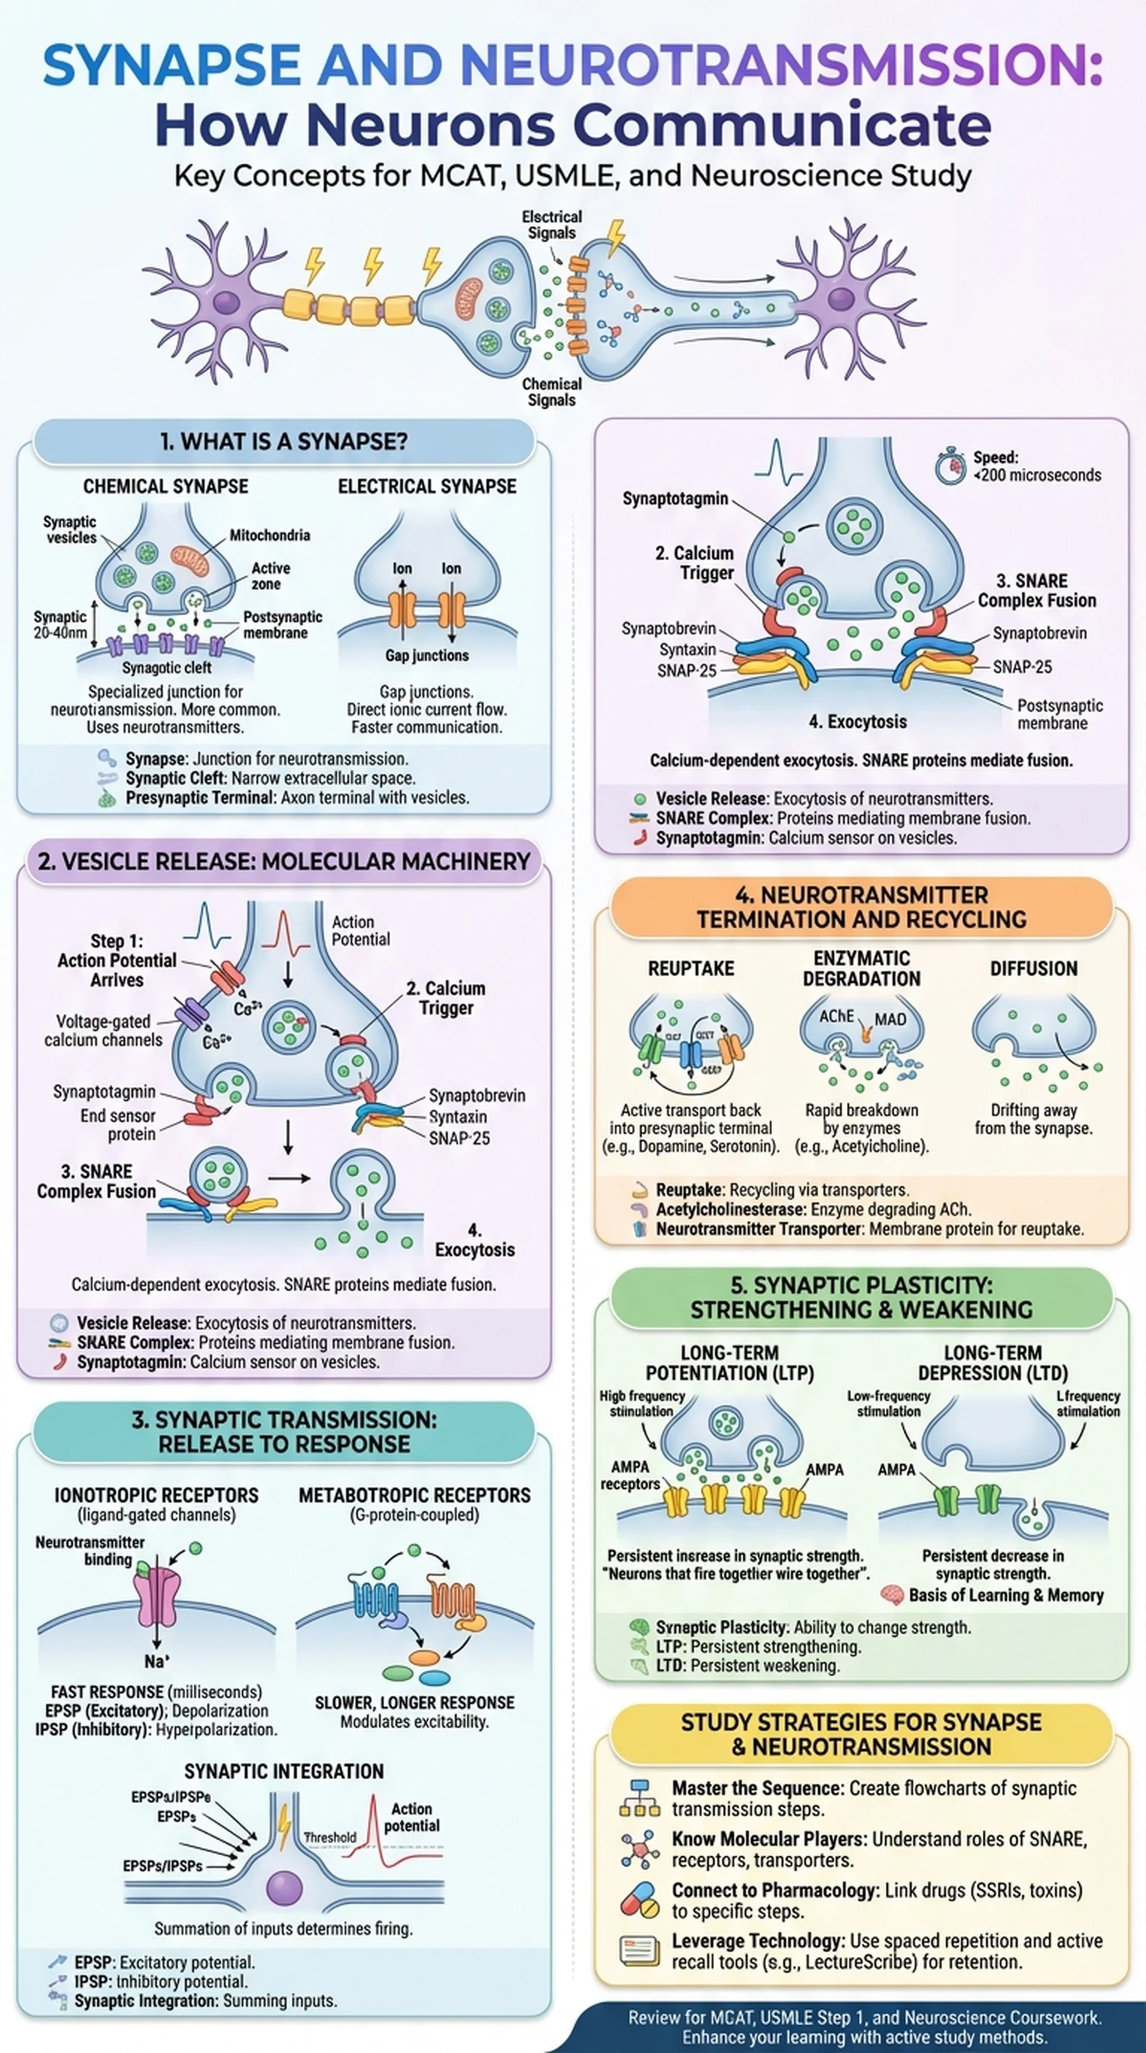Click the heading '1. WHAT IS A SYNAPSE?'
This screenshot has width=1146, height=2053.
click(283, 442)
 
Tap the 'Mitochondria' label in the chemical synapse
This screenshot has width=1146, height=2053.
click(269, 535)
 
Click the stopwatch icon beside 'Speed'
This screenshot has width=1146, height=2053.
click(950, 468)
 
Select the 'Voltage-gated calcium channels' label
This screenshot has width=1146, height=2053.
click(103, 1030)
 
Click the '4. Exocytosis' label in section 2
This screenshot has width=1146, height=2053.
click(475, 1241)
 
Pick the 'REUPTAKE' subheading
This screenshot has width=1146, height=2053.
click(691, 968)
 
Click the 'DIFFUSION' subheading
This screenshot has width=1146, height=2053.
click(1033, 968)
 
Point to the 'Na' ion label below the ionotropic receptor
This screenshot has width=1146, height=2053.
click(156, 1661)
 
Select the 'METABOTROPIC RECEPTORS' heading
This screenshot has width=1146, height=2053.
click(414, 1495)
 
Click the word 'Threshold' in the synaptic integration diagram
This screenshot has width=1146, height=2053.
click(330, 1837)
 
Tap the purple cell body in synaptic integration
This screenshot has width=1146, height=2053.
click(284, 1888)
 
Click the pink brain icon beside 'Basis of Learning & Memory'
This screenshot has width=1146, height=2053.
click(892, 1595)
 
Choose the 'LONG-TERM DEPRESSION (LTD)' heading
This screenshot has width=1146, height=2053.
click(992, 1363)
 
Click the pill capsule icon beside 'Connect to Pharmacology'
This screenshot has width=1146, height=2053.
click(640, 1900)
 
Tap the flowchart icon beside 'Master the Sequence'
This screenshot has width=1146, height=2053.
click(639, 1798)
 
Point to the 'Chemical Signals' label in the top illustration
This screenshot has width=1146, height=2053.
click(551, 392)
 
